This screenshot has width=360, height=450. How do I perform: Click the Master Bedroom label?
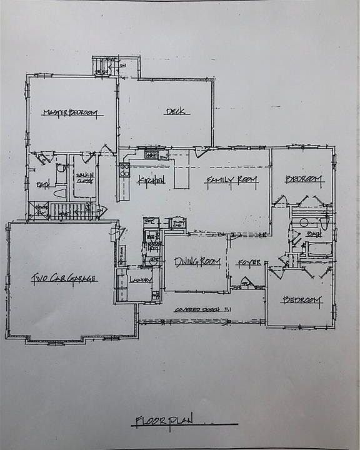coord(71,113)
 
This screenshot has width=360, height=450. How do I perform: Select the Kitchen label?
coord(151,181)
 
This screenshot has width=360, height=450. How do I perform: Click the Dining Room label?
coord(197,262)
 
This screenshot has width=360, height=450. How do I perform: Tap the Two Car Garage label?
coord(64,278)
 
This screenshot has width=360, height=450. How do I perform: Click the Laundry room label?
coord(141,281)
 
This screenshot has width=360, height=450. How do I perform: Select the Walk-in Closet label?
coord(84,179)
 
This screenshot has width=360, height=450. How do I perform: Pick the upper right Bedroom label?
coord(304,180)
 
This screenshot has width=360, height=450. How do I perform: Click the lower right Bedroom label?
coord(302,301)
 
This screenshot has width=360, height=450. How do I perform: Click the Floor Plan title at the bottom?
coord(164,421)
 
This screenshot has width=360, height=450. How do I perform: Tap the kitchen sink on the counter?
coord(152,154)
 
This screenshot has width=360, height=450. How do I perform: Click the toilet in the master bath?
coord(59,169)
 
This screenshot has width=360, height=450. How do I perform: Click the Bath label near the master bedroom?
coord(42,184)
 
